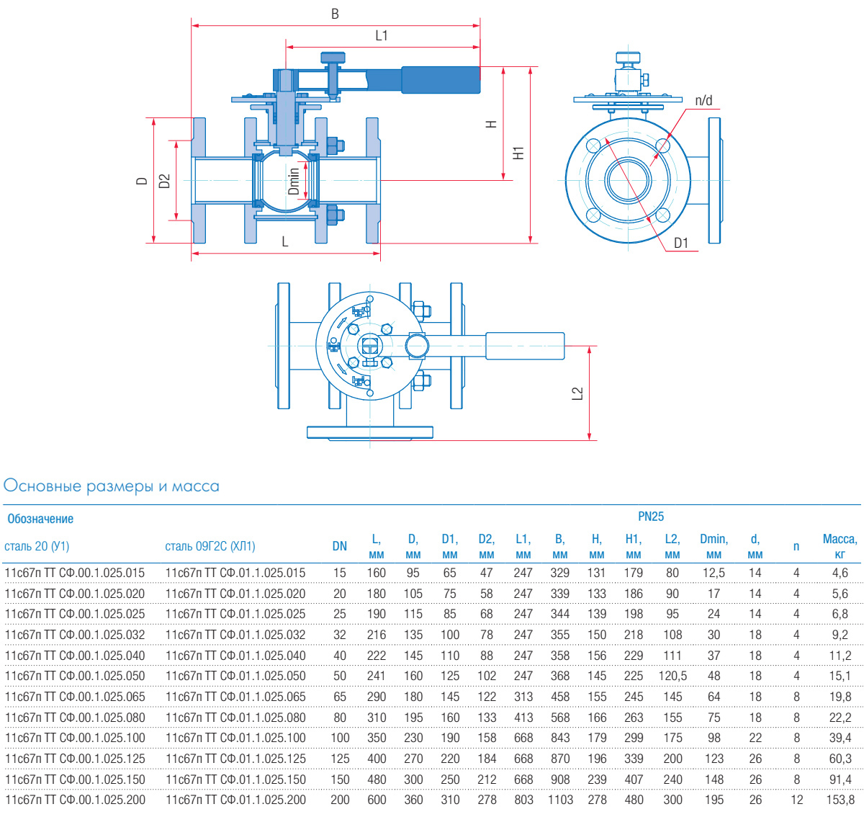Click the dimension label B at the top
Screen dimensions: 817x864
click(335, 14)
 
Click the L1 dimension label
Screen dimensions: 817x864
click(382, 35)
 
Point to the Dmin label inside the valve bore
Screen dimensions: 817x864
click(294, 182)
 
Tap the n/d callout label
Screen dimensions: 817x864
click(703, 101)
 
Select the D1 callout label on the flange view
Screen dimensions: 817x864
click(680, 243)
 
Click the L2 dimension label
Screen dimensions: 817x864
click(577, 393)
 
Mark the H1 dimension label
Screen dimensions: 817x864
click(518, 153)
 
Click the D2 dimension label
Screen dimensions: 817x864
click(165, 181)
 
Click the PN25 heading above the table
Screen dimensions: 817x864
click(651, 517)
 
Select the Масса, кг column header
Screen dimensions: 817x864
click(840, 546)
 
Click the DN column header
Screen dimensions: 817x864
click(340, 546)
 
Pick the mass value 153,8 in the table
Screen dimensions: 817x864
click(840, 800)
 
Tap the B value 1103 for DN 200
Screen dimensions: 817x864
click(560, 800)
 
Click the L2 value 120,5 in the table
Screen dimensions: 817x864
click(672, 676)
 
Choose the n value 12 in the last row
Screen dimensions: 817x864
click(796, 800)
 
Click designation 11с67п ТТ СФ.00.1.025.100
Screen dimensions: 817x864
click(75, 738)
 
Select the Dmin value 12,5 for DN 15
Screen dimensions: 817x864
click(714, 573)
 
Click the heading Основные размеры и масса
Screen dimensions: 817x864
click(112, 486)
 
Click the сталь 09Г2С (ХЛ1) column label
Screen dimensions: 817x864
click(210, 546)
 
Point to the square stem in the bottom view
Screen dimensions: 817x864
click(369, 347)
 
